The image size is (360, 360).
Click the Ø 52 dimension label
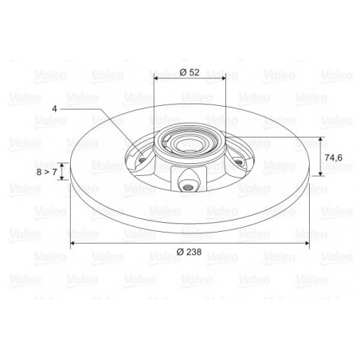point(190,72)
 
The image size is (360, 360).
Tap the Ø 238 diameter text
point(189,252)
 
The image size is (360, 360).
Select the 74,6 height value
point(334,158)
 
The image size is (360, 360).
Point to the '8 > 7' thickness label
point(47,172)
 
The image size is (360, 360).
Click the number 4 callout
point(54,109)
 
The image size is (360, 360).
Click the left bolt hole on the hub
point(143,160)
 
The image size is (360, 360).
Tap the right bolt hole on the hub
point(238,162)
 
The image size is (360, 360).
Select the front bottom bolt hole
point(188,188)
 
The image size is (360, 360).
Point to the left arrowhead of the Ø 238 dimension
point(72,243)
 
